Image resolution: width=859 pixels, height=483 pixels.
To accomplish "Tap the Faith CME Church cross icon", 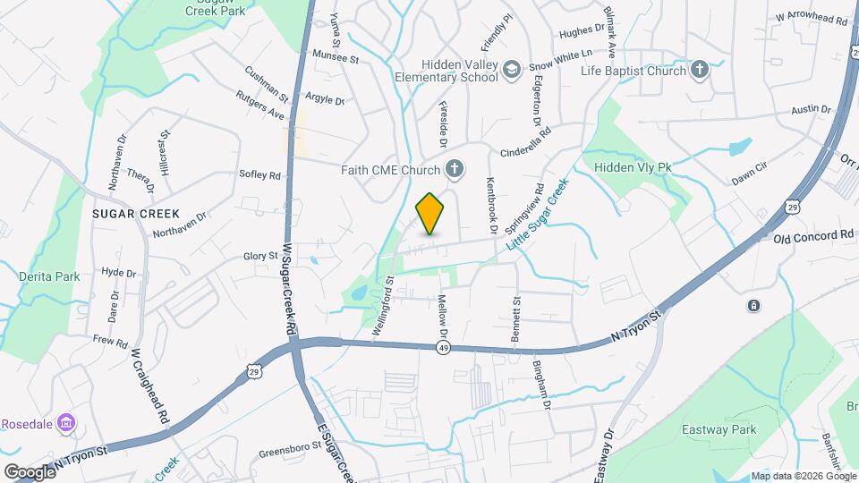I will [455, 168].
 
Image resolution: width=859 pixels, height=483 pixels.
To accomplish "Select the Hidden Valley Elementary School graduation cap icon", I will [512, 70].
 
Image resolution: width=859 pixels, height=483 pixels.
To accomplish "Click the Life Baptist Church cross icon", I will [700, 69].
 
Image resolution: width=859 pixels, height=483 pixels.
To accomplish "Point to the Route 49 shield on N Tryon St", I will [443, 348].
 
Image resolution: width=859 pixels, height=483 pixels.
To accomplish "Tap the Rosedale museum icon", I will [65, 422].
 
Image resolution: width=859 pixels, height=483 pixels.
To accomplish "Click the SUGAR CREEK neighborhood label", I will [135, 215].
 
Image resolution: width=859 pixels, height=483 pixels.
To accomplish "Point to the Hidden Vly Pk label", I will [632, 167].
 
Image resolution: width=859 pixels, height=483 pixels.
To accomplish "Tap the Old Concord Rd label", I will [813, 235].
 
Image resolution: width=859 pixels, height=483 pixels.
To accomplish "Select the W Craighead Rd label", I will [150, 384].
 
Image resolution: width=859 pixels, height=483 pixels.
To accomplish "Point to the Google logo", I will [29, 471].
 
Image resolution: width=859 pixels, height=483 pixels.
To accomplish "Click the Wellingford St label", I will [381, 308].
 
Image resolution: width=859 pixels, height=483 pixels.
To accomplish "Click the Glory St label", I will [260, 257].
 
